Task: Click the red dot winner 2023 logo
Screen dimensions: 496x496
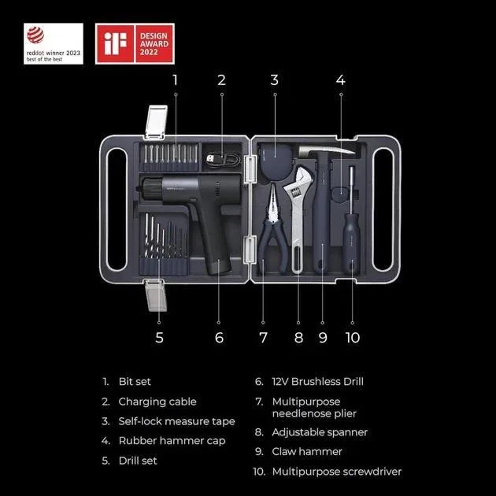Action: (54, 43)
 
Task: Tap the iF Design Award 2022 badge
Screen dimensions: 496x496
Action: (135, 43)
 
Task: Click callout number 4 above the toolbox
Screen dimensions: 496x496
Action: (341, 80)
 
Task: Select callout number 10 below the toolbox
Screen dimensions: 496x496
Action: (353, 338)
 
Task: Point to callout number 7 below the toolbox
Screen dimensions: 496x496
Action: (263, 338)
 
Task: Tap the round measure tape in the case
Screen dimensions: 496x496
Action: (276, 161)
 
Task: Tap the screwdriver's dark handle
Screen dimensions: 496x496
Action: (352, 242)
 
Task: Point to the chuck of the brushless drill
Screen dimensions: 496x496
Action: (150, 189)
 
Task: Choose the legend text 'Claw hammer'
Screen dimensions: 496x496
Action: (307, 451)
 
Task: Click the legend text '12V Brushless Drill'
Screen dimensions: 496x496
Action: (317, 382)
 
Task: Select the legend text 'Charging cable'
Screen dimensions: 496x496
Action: (157, 402)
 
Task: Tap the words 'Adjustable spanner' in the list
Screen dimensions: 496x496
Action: (320, 432)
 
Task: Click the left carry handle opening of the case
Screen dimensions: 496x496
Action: (116, 209)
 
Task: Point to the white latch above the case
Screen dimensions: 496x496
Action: (156, 121)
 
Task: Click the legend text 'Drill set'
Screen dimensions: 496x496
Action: (138, 461)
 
